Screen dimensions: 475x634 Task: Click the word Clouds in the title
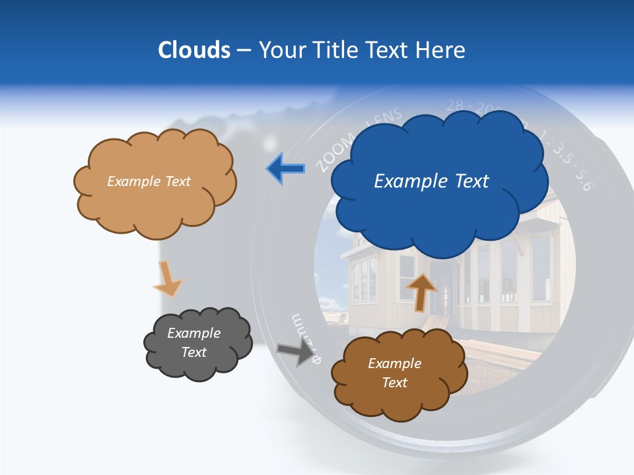(194, 50)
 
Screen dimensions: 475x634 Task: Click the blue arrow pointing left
(286, 169)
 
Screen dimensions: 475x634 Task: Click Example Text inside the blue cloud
(431, 181)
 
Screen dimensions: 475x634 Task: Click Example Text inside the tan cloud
(149, 181)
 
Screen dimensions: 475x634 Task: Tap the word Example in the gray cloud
(194, 334)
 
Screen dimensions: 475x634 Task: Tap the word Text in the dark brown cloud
(394, 383)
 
